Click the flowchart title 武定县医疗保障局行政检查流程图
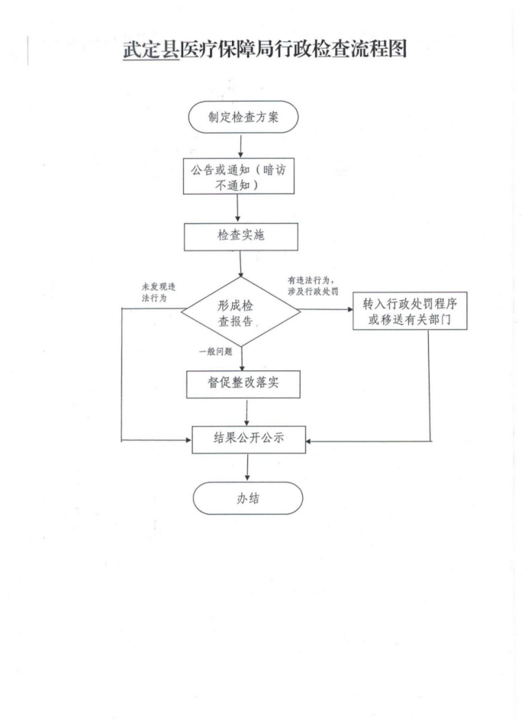point(265,49)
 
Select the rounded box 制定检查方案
point(243,117)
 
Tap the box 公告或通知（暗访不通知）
point(239,176)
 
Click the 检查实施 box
point(241,237)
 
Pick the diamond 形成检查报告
point(240,312)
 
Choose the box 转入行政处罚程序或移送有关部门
point(410,311)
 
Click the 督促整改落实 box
point(243,384)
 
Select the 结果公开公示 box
point(249,440)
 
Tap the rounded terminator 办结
point(248,498)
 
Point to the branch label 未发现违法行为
point(159,292)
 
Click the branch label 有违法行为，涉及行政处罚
point(313,286)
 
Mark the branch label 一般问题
point(215,352)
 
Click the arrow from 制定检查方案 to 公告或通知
point(240,146)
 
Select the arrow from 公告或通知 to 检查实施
point(237,208)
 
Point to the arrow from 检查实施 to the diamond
point(240,263)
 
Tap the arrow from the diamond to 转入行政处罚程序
point(327,310)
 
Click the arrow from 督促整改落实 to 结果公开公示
point(247,412)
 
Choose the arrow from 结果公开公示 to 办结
point(247,467)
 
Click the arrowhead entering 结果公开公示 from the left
point(188,440)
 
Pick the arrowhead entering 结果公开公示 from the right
point(309,441)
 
